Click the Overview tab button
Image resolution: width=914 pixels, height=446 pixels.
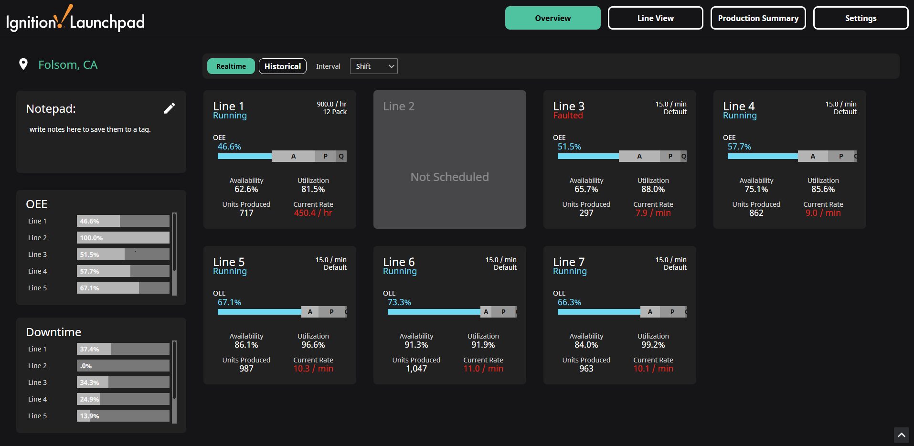pos(553,18)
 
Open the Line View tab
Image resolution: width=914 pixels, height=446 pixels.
pos(655,18)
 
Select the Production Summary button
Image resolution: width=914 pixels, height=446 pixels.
pos(758,18)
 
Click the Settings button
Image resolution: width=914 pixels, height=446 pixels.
pos(861,18)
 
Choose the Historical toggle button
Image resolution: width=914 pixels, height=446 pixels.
pos(282,66)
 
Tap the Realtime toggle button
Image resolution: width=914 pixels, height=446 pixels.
pos(231,66)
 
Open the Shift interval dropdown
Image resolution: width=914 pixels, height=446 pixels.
pos(373,66)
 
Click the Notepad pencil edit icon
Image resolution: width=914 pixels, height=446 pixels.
pos(170,108)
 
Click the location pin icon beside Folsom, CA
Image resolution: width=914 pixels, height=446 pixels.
pos(23,64)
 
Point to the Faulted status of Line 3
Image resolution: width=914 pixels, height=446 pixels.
pos(568,116)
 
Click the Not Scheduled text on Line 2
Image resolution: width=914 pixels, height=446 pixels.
pos(449,177)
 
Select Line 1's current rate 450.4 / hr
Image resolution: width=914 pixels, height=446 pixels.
pos(313,213)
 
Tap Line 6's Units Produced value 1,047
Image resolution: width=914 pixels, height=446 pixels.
pos(416,369)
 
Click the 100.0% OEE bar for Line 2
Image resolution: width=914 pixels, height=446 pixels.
pos(123,238)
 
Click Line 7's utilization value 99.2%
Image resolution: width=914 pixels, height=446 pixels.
pos(653,345)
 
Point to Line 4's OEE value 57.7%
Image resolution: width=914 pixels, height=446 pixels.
pos(739,147)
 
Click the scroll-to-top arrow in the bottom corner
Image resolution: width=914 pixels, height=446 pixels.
pos(901,435)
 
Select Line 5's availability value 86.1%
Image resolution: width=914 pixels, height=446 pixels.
pos(246,345)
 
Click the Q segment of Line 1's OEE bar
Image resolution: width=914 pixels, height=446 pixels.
pos(341,156)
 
